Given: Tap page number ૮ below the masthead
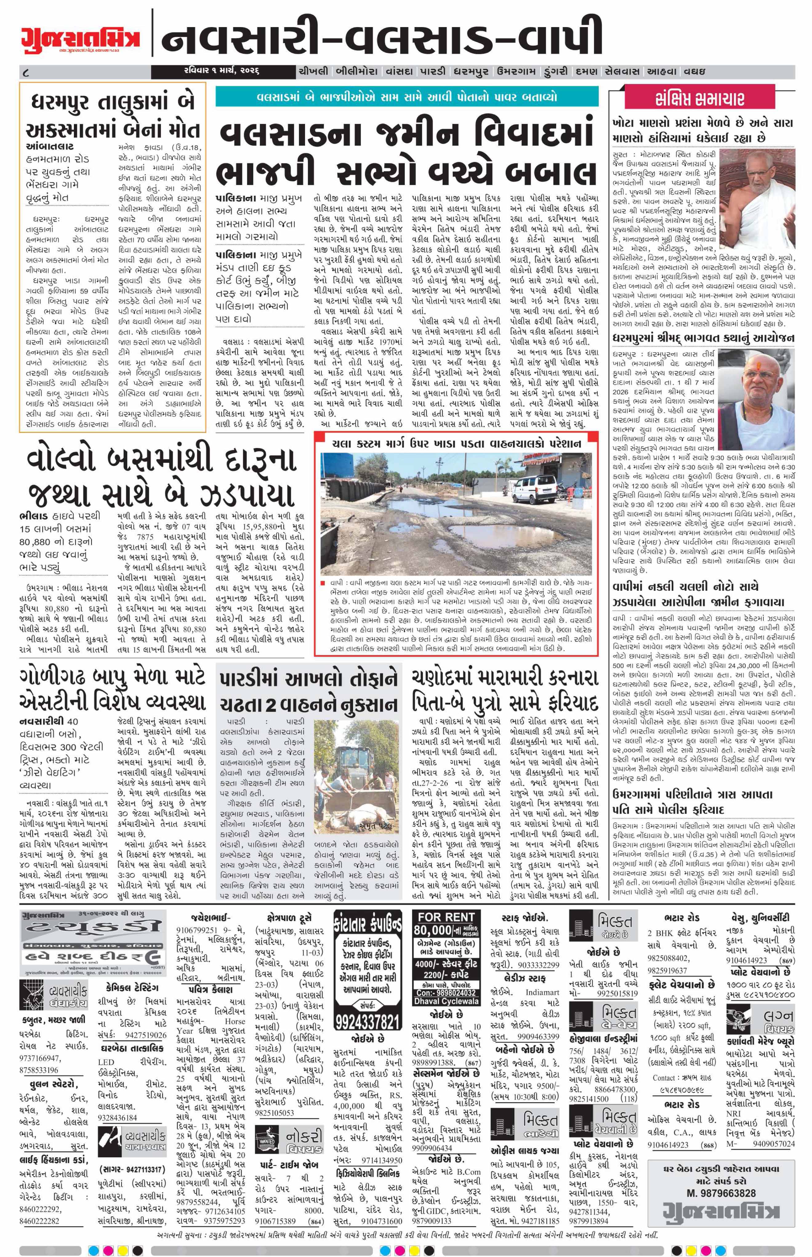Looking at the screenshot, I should [25, 71].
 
